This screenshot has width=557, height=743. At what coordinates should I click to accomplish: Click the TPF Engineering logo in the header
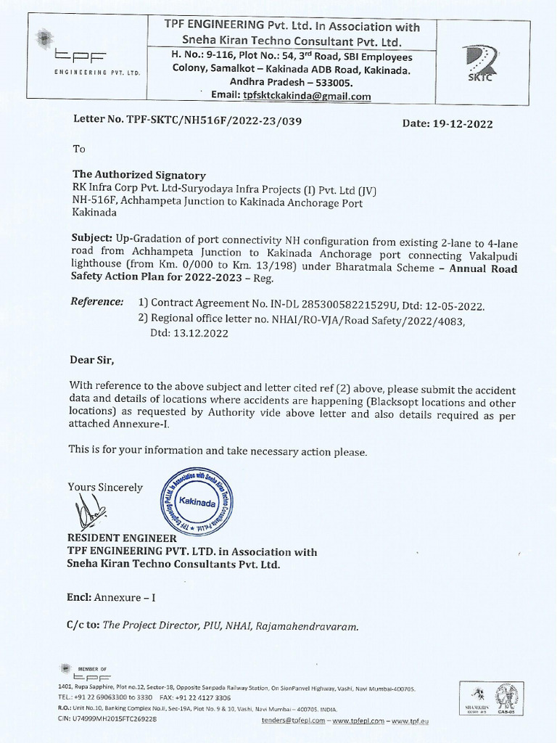(x=88, y=55)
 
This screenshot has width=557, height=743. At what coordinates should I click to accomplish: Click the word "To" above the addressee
(x=79, y=149)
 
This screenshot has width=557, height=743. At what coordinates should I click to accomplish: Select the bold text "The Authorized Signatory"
(x=139, y=175)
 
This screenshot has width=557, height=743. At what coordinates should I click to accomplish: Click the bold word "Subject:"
(x=92, y=238)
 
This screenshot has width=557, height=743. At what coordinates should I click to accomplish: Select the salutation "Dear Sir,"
(x=92, y=359)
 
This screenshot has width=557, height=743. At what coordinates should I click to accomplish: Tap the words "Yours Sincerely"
(x=105, y=488)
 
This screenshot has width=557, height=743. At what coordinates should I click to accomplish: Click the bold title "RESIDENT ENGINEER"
(x=122, y=538)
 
